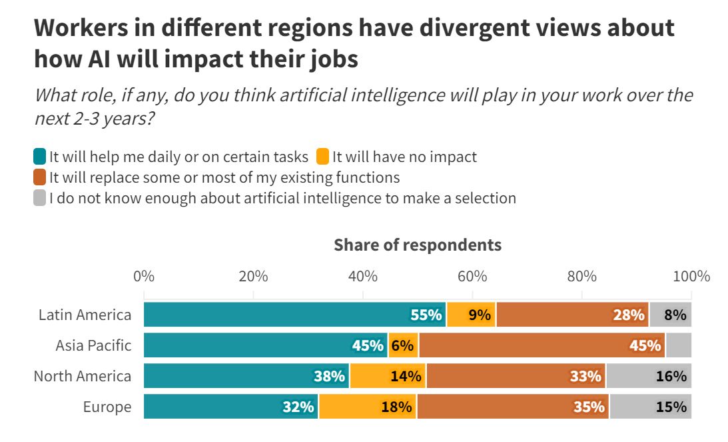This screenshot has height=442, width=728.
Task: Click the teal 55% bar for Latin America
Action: click(294, 315)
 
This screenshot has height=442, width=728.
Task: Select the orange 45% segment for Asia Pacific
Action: click(542, 345)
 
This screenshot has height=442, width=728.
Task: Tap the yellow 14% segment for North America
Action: click(388, 376)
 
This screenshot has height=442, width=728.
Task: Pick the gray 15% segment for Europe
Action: click(650, 407)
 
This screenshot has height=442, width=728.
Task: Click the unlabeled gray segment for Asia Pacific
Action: click(678, 345)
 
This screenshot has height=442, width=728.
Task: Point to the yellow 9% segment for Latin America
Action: click(471, 315)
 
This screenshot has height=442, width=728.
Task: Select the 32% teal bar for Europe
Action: click(230, 407)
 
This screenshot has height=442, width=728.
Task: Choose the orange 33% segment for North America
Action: click(516, 376)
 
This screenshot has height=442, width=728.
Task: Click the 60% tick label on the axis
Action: click(472, 276)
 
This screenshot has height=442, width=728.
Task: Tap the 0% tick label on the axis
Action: click(144, 276)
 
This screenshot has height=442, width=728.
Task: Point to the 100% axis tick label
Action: click(690, 276)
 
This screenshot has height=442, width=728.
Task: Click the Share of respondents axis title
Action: click(417, 245)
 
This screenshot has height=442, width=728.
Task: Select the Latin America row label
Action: click(85, 315)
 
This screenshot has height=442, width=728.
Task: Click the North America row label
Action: click(83, 376)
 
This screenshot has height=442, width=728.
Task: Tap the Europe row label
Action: click(107, 407)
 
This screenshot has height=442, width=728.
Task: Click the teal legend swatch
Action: click(40, 157)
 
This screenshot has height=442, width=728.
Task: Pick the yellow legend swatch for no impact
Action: click(322, 157)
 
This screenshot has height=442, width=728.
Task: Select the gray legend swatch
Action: click(40, 198)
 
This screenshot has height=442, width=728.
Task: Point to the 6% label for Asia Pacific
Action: click(403, 345)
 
